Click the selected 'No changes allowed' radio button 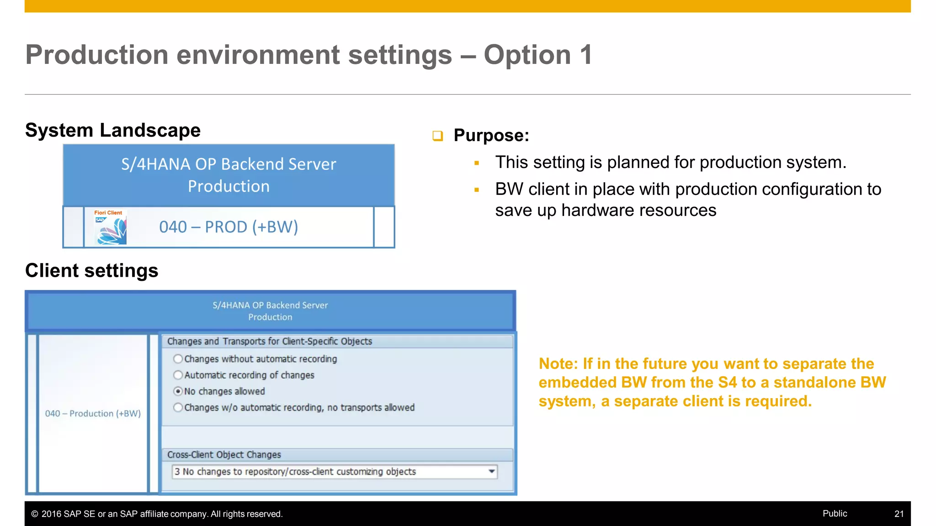tap(178, 391)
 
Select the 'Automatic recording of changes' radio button tap(178, 375)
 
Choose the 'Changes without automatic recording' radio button tap(178, 359)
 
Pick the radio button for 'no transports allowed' tap(178, 408)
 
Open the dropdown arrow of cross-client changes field tap(492, 471)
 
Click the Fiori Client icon tap(110, 227)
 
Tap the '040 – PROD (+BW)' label tap(229, 227)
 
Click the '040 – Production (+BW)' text tap(93, 414)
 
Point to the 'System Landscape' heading tap(113, 131)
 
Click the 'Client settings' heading tap(92, 271)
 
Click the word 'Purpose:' tap(491, 136)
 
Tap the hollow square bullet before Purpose tap(438, 136)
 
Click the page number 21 tap(899, 514)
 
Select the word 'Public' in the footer tap(835, 513)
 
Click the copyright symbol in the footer tap(35, 514)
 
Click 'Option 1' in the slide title tap(538, 55)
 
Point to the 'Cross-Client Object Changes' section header tap(224, 455)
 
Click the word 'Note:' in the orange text tap(558, 364)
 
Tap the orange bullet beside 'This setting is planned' tap(477, 163)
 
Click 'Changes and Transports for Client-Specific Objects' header tap(270, 342)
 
